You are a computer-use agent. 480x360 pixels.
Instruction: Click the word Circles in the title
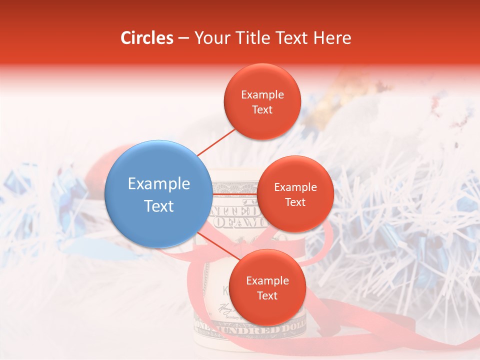point(146,38)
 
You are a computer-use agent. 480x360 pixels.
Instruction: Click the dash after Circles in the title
point(183,38)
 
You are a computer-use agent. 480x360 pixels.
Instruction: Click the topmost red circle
point(262,101)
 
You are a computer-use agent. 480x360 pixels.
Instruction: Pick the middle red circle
point(295,194)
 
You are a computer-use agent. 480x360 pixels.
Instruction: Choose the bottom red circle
point(267,287)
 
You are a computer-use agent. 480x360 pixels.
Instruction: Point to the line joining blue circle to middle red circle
point(235,194)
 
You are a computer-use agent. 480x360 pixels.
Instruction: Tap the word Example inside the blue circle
point(159,184)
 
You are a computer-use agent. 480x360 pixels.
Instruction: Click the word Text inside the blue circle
point(159,206)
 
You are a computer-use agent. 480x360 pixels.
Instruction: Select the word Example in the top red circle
point(262,94)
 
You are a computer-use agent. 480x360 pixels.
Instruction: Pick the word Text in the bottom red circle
point(267,295)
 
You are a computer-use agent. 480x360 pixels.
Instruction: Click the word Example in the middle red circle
point(295,187)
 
